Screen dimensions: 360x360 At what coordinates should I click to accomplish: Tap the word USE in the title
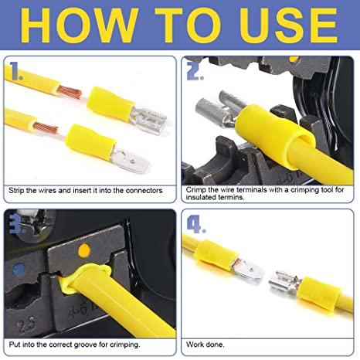(x=289, y=25)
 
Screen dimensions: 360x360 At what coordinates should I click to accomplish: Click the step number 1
(x=15, y=71)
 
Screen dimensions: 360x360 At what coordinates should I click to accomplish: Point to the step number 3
(x=16, y=224)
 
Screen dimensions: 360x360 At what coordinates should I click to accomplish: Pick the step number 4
(x=196, y=224)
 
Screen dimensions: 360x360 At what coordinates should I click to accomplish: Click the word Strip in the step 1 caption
(x=16, y=191)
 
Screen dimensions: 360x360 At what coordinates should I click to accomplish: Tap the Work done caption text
(x=205, y=345)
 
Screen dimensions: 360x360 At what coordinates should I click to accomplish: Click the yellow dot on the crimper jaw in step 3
(x=84, y=250)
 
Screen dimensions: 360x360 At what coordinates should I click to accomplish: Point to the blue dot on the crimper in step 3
(x=19, y=270)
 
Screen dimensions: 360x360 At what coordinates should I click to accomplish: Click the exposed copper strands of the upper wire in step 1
(x=70, y=92)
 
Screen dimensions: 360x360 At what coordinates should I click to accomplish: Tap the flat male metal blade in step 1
(x=131, y=161)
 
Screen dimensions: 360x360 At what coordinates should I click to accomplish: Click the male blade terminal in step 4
(x=249, y=269)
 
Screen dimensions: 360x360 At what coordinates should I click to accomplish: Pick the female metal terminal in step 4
(x=284, y=284)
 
